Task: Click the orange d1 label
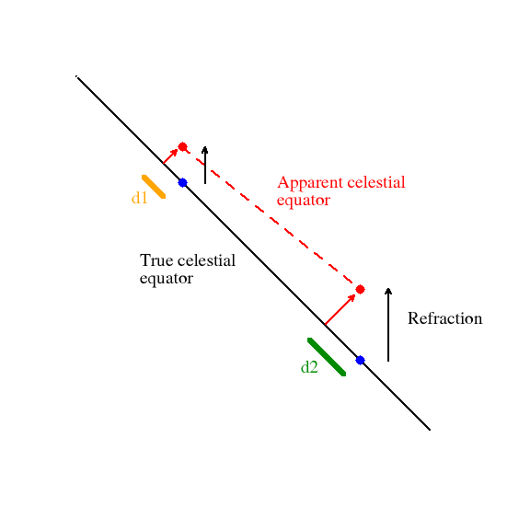[139, 198]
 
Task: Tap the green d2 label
[309, 367]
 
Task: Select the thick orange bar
[154, 186]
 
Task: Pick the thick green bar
[327, 357]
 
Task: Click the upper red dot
[182, 146]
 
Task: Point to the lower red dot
[360, 289]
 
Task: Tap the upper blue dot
[182, 182]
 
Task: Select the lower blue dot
[360, 360]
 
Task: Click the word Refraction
[444, 319]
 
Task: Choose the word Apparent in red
[306, 183]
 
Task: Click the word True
[156, 260]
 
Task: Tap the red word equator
[303, 200]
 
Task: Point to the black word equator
[166, 278]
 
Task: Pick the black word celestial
[205, 260]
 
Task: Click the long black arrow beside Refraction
[388, 324]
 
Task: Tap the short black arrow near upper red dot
[204, 165]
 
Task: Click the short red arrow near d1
[171, 156]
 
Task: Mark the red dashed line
[271, 218]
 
